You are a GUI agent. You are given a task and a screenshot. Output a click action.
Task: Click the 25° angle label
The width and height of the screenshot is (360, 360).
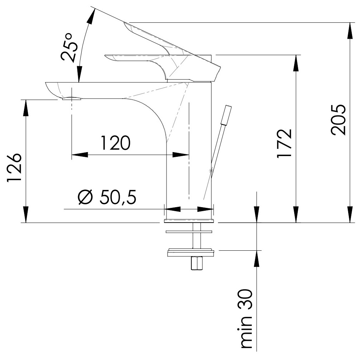point(69,47)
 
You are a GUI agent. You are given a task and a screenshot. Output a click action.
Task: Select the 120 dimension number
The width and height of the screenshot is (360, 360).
point(115,143)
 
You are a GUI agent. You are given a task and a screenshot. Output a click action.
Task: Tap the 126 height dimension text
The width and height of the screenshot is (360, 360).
point(14,168)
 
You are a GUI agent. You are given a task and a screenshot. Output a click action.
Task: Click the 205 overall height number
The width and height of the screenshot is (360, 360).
point(338,120)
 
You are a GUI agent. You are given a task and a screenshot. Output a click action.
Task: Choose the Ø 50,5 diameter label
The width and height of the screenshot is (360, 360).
point(107,197)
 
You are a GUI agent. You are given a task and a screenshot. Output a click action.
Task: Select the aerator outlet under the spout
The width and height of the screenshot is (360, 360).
point(72,99)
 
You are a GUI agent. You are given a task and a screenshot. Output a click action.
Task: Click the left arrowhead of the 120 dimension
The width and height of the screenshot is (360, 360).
point(79,155)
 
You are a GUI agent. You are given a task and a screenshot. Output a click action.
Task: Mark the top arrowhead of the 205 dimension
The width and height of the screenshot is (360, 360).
point(350,31)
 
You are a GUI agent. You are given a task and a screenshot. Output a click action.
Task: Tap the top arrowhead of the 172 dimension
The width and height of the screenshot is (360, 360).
point(296,63)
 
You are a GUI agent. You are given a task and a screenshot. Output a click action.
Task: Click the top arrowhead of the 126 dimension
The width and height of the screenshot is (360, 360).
point(26,108)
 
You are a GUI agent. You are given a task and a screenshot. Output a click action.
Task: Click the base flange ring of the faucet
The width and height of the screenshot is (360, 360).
point(189,221)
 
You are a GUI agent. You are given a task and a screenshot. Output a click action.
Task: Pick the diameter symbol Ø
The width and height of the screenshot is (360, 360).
point(85,197)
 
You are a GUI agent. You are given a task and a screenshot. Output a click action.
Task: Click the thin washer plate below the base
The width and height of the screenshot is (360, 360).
point(189,232)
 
